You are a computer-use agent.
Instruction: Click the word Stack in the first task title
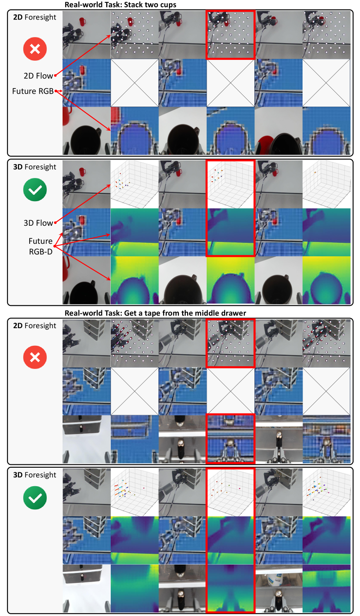tap(132, 5)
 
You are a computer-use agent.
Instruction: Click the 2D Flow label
tap(38, 76)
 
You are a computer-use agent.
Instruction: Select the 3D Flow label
tap(38, 223)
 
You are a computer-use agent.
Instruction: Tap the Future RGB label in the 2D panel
tap(33, 91)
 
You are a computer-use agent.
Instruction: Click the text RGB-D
tap(41, 252)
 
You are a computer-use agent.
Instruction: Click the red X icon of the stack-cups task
tap(35, 49)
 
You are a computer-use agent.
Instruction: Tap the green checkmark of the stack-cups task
tap(35, 190)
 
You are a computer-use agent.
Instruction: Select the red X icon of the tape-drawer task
tap(35, 357)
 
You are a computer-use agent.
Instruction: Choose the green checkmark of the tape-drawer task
tap(35, 498)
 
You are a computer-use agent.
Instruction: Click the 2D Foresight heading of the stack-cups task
tap(35, 17)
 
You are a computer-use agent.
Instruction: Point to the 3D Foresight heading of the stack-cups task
tap(35, 167)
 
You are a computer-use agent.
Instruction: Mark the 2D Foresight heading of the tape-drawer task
tap(35, 325)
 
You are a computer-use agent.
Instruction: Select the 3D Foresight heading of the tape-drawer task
tap(35, 475)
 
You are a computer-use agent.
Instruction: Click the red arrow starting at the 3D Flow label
tap(83, 204)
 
